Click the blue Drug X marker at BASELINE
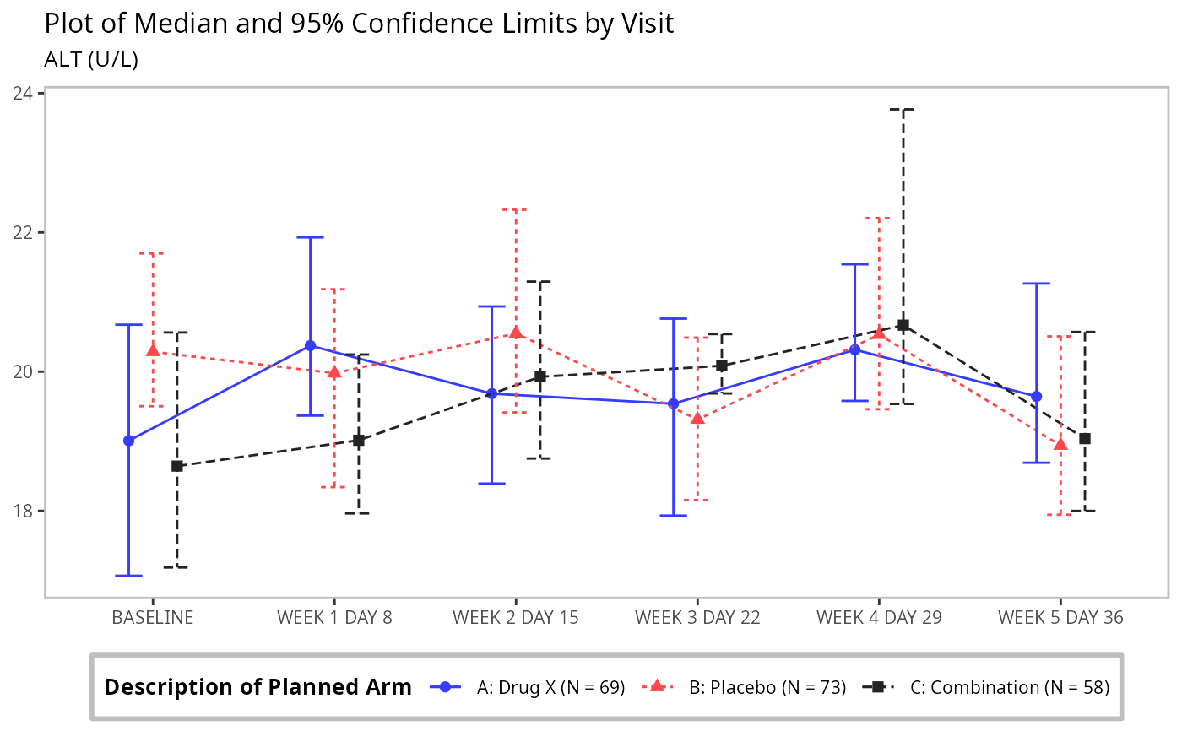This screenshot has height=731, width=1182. (x=128, y=441)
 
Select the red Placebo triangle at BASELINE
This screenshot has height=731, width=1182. (x=153, y=350)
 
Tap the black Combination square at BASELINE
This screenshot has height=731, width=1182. (x=176, y=466)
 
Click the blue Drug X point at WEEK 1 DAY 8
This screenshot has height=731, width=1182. (x=310, y=345)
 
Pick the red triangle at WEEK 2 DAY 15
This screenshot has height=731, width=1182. (x=516, y=333)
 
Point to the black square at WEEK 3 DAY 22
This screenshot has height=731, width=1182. (x=721, y=365)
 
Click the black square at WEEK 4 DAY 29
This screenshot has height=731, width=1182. (x=903, y=325)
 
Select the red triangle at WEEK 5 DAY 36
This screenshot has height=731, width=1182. (x=1060, y=444)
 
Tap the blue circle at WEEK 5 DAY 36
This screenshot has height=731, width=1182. (x=1036, y=396)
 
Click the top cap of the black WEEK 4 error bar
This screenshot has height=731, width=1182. (x=903, y=109)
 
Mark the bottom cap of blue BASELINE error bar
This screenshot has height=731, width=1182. (x=128, y=576)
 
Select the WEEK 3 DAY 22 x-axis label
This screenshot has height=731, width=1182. (x=697, y=617)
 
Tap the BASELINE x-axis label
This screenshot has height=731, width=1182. (x=153, y=617)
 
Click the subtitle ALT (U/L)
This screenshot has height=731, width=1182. (x=91, y=60)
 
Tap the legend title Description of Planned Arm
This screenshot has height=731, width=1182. (x=258, y=687)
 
